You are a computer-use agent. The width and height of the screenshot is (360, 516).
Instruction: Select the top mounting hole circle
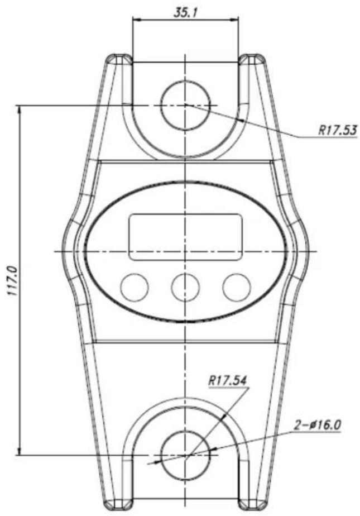pos(186,104)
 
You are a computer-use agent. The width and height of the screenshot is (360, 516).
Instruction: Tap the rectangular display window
pos(186,236)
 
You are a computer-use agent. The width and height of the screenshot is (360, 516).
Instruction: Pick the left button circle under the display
pos(135,287)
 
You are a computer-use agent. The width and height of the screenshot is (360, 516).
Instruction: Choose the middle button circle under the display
pos(186,287)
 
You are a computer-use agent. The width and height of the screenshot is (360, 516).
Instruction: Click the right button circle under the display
pos(236,287)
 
